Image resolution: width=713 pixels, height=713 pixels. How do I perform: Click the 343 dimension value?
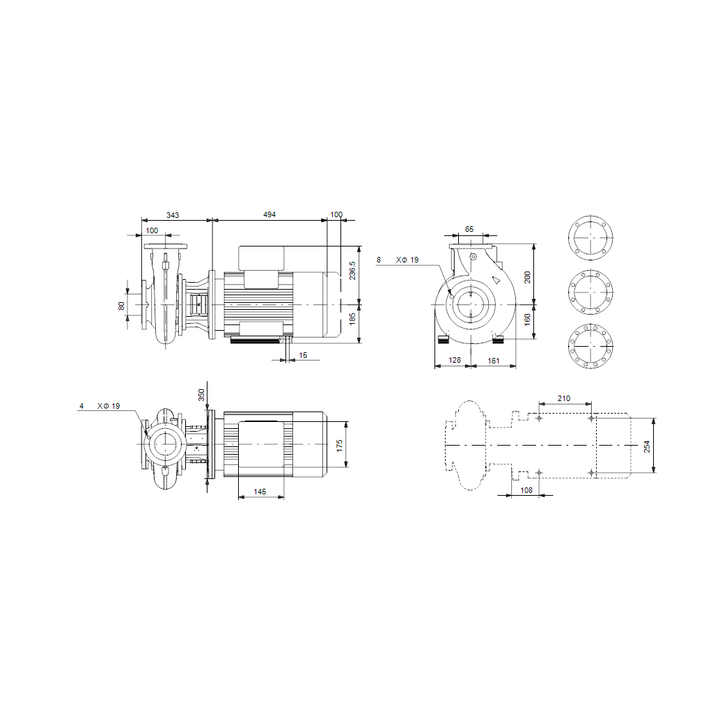coord(172,215)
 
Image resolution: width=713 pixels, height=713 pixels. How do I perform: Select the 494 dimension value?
coord(269,215)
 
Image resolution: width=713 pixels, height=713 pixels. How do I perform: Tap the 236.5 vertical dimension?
coord(352,270)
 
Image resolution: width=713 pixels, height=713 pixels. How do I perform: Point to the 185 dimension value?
coord(352,319)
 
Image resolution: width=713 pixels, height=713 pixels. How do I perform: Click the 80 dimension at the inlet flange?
coord(122,305)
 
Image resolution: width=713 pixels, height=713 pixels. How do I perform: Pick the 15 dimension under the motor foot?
coord(302,355)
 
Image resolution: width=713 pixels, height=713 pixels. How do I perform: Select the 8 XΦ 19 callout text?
coord(398,260)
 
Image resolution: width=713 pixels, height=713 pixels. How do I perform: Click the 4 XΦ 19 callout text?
coord(100,405)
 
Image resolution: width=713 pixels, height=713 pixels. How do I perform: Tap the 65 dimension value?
coord(469,229)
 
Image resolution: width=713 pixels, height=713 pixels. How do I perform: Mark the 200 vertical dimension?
coord(527,276)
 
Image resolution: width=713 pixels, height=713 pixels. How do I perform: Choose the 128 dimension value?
coord(455,361)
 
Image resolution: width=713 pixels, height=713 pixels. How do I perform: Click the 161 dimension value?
coord(493,361)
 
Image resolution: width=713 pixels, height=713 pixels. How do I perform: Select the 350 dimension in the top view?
coord(202,395)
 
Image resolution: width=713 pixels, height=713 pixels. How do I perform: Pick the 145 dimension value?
coord(260,492)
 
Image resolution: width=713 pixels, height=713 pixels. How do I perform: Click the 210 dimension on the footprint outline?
coord(564,398)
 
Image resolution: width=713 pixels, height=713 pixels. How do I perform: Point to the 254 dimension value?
coord(647,446)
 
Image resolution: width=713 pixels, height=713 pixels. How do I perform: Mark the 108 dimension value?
coord(526,490)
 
